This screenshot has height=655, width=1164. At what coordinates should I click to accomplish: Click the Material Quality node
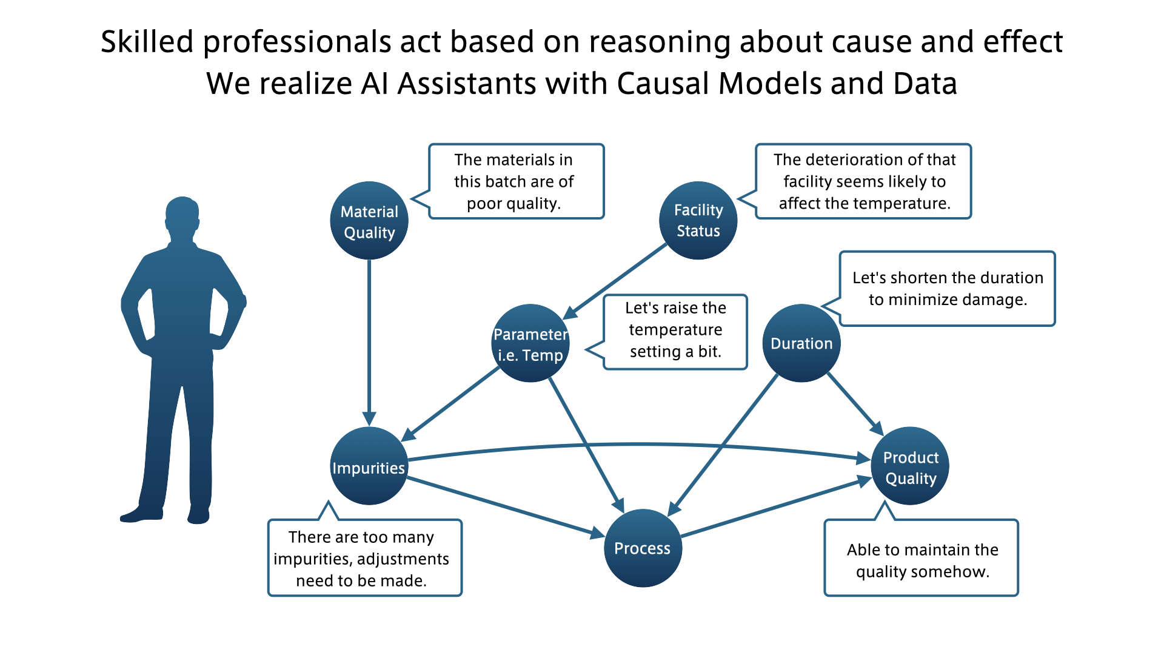point(369,221)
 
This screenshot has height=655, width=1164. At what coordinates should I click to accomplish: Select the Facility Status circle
point(698,221)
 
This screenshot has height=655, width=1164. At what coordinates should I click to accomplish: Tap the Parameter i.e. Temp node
point(530,343)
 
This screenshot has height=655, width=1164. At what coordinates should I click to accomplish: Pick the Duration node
point(801,343)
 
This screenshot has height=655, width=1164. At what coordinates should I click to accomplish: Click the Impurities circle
point(369,466)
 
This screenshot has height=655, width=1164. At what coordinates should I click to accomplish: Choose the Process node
point(643,548)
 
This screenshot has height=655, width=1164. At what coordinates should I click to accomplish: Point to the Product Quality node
point(910,466)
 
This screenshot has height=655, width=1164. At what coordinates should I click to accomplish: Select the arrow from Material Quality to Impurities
point(369,340)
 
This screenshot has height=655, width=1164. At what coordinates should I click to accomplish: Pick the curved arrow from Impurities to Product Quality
point(637,445)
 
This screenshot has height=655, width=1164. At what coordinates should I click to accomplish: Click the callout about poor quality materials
point(516,181)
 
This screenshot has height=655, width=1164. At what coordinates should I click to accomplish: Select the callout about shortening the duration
point(947,289)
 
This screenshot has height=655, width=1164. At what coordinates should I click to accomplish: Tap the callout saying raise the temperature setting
point(675,332)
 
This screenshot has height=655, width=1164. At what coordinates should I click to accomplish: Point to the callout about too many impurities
point(365,558)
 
